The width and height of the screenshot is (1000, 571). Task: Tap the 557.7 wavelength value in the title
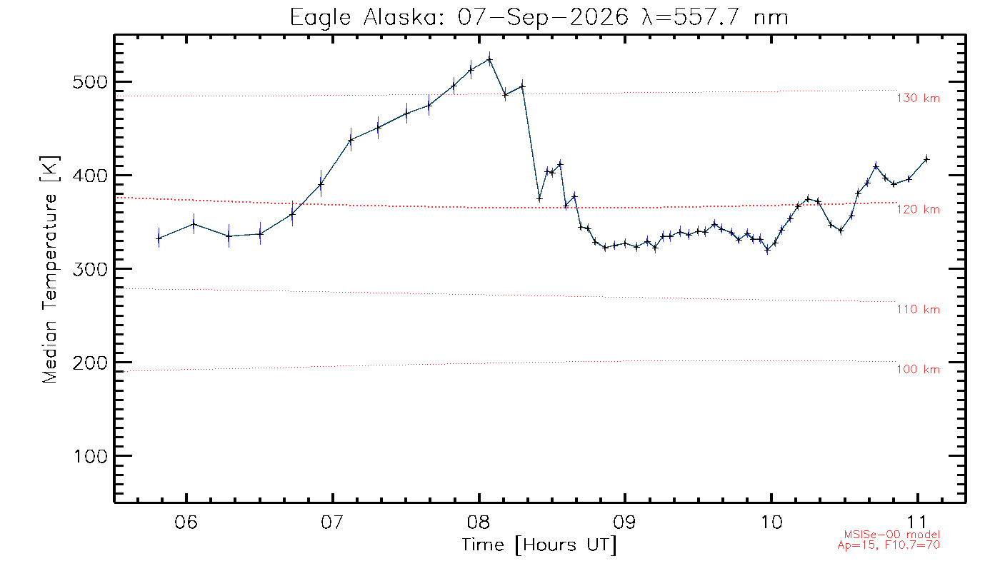click(706, 17)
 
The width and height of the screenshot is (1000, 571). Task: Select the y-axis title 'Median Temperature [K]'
click(49, 270)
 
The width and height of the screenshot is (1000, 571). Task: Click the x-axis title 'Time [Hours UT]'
click(539, 545)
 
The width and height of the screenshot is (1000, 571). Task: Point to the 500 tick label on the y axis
click(90, 82)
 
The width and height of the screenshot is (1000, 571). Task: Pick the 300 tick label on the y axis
click(90, 269)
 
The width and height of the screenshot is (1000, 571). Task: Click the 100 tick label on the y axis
click(91, 456)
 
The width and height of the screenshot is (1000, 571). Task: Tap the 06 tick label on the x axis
click(186, 522)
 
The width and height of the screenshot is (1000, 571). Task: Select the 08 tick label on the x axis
click(479, 522)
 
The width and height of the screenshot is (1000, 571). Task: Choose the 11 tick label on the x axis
click(917, 522)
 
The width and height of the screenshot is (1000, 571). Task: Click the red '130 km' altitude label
click(919, 98)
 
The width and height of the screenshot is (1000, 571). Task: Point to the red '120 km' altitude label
click(919, 209)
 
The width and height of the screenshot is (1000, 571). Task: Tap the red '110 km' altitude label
click(919, 309)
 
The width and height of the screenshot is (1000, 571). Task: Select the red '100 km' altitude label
click(919, 370)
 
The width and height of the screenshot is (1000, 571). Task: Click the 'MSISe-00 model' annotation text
click(892, 535)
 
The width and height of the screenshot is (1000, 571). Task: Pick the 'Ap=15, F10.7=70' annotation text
click(889, 545)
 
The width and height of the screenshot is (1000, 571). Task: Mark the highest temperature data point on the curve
click(490, 59)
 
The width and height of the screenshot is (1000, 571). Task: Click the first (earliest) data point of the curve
click(159, 238)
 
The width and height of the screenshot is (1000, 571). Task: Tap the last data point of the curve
click(926, 159)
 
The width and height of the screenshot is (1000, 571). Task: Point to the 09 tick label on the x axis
click(624, 522)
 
